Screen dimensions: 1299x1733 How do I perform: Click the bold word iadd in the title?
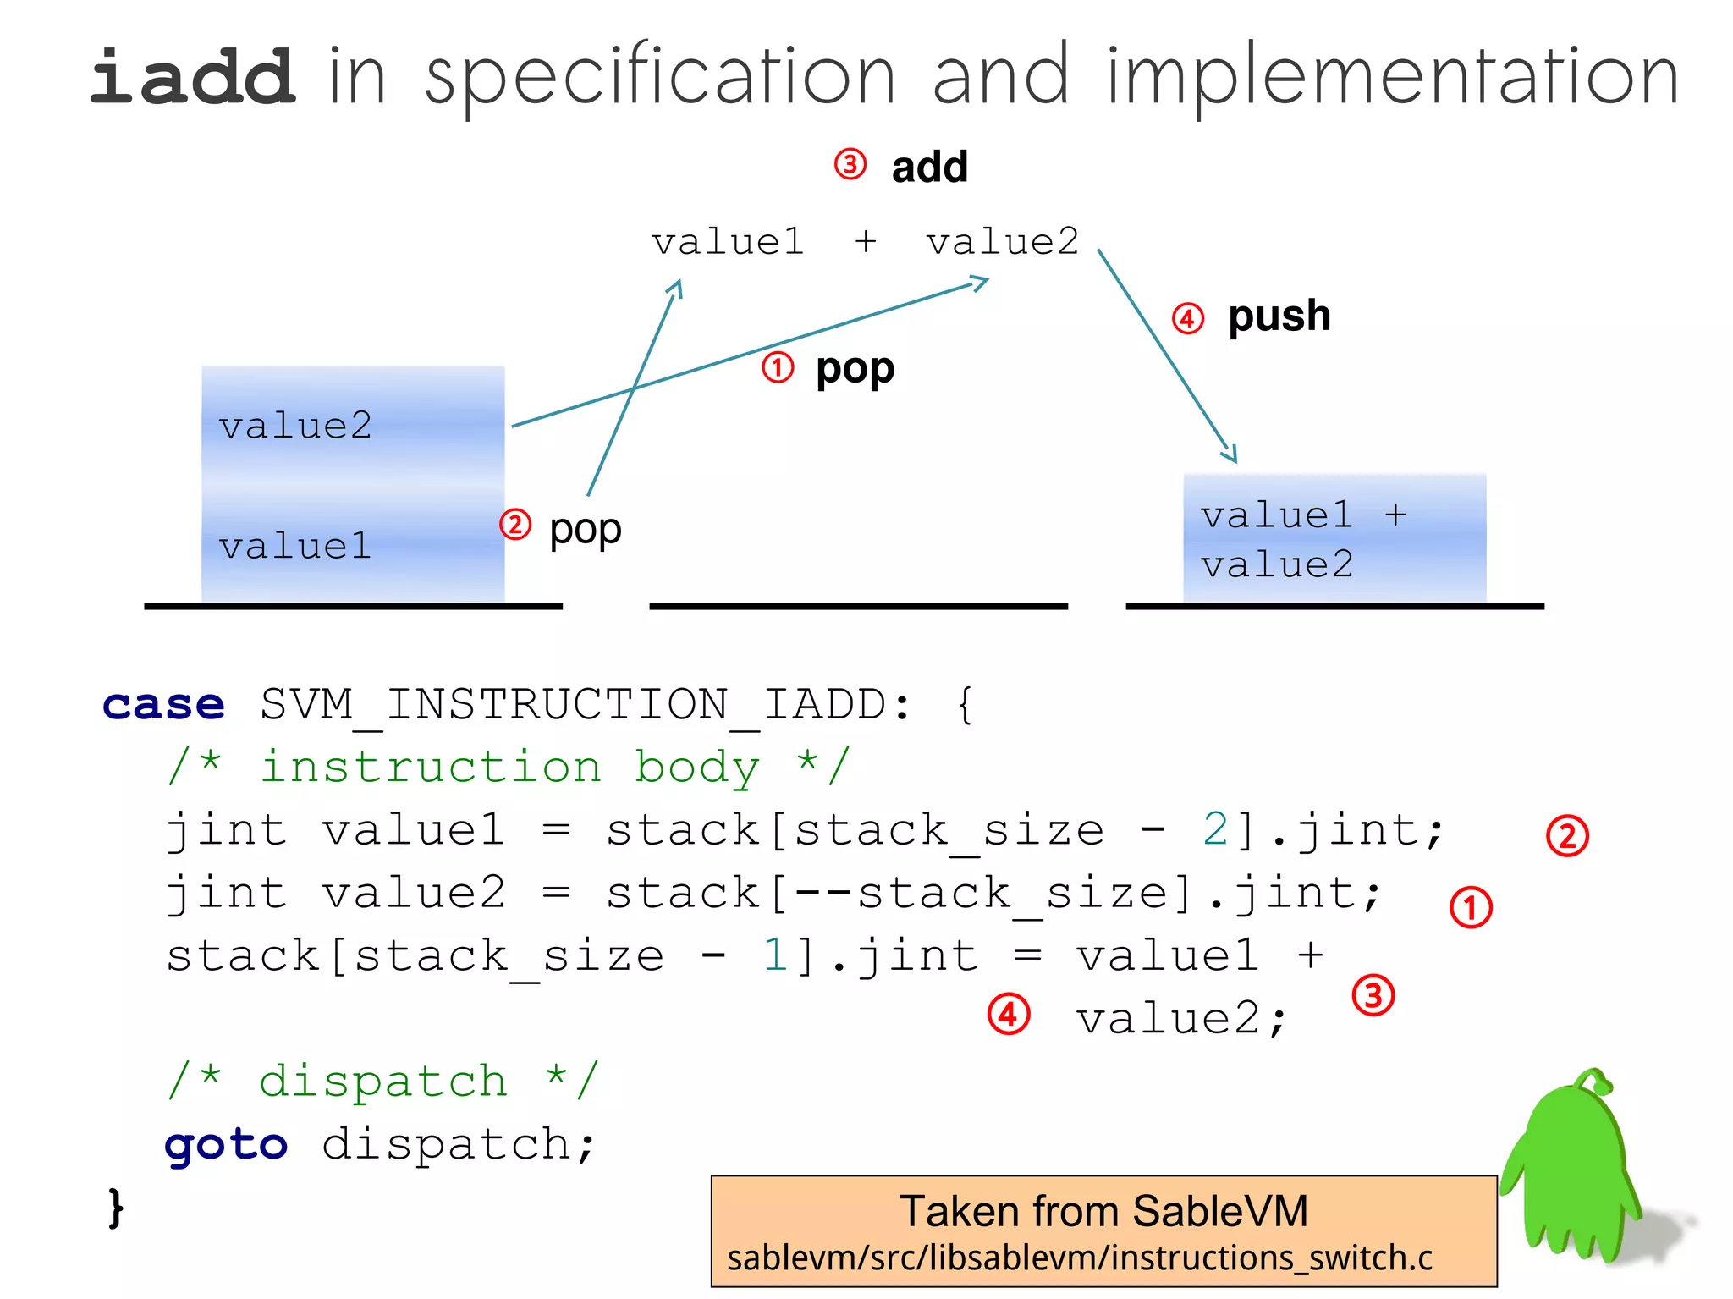pos(193,78)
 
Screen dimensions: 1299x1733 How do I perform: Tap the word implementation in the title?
pos(1392,78)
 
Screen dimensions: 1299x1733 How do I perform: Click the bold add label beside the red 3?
pos(929,168)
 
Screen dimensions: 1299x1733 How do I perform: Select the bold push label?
pos(1279,316)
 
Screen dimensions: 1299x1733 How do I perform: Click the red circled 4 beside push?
pos(1187,319)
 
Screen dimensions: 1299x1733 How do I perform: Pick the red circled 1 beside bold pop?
pos(778,368)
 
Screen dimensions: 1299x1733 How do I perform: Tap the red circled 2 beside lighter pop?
pos(515,525)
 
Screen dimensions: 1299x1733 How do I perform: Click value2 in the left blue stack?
pos(295,426)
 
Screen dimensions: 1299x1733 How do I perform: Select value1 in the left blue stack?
pos(295,546)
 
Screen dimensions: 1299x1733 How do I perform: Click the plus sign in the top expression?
pos(865,243)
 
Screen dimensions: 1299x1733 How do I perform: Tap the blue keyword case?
pos(163,705)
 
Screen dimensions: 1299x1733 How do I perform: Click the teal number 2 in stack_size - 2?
pos(1215,830)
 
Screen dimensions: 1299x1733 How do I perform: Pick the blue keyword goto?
pos(226,1145)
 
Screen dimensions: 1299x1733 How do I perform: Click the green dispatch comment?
pos(382,1082)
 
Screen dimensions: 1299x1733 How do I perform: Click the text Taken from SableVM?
pos(1103,1210)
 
